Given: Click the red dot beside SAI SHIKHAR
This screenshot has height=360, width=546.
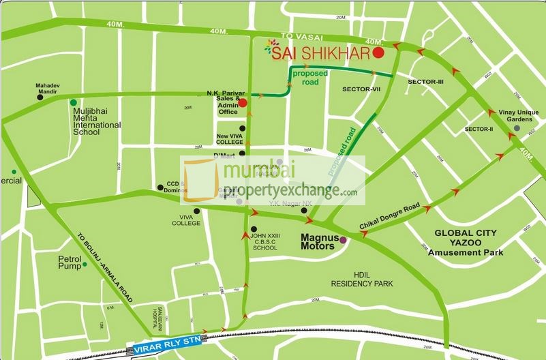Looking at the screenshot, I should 379,52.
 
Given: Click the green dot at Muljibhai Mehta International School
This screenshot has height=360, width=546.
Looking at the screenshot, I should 74,102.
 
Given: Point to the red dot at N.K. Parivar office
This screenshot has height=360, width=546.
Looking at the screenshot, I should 243,103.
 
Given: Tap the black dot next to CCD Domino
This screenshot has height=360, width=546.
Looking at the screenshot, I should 160,187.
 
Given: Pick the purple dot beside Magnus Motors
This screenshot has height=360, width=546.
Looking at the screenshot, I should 343,240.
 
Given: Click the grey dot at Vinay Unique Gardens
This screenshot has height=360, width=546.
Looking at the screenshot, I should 516,128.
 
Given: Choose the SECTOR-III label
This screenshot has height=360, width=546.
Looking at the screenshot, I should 426,82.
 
